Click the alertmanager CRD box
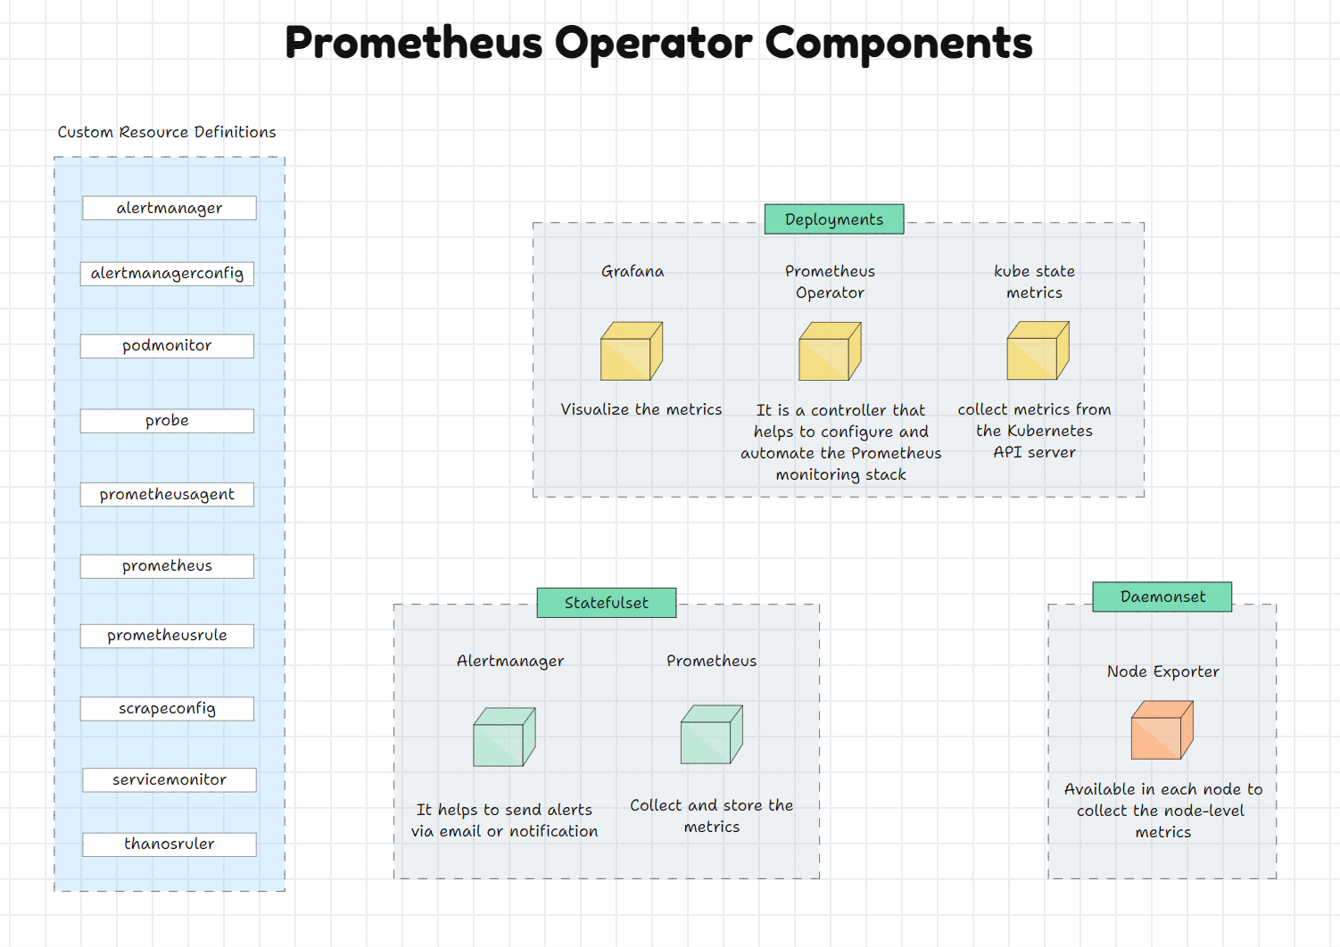tap(170, 208)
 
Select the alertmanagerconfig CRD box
tap(167, 274)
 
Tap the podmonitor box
tap(167, 346)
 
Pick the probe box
tap(167, 421)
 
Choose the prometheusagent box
tap(167, 495)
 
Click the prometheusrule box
tap(167, 636)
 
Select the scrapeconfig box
tap(167, 709)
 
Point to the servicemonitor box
tap(170, 780)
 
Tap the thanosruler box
tap(170, 844)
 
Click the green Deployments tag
tap(834, 219)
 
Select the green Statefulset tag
tap(607, 603)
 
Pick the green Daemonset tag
tap(1162, 597)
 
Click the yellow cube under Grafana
tap(632, 351)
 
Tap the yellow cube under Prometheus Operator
tap(830, 352)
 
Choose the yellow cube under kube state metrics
tap(1038, 351)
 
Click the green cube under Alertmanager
tap(504, 737)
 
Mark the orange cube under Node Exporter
tap(1162, 730)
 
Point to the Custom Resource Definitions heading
tap(167, 132)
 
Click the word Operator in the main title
tap(653, 43)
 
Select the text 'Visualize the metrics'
tap(641, 409)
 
